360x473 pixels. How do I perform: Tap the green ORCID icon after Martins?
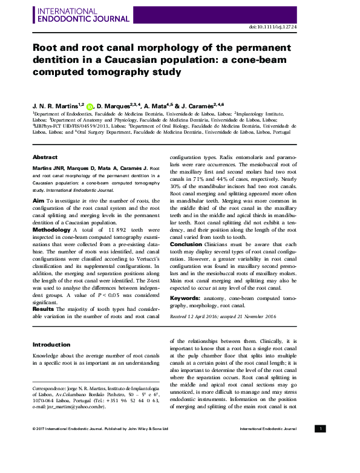(90, 105)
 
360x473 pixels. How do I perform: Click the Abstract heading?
(45, 155)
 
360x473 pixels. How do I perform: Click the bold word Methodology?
(51, 230)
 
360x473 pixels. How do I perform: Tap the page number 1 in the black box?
(321, 428)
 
